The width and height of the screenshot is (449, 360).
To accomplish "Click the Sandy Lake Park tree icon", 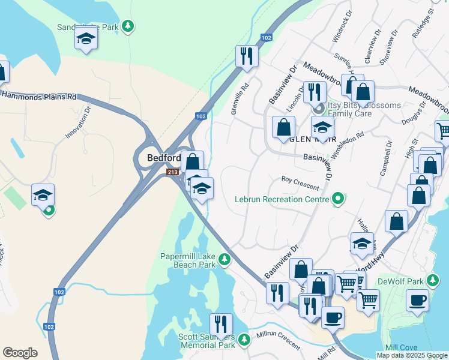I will point(127,26).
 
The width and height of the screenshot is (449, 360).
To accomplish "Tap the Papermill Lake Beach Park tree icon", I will point(224,260).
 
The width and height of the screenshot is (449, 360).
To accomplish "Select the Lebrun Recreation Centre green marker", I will point(338,199).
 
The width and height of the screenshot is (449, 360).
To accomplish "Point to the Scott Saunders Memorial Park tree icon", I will point(243,340).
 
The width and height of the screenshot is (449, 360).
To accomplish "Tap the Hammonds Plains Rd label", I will point(40,95).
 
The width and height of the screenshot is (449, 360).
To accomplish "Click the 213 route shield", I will point(173,173).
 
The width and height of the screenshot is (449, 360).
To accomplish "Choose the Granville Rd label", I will point(244,98).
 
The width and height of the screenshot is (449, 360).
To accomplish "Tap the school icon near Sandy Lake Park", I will point(86,40).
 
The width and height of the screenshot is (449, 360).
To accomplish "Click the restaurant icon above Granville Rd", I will point(246,56).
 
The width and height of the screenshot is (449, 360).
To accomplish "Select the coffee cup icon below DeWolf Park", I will point(417,300).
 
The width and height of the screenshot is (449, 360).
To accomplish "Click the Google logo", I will point(20,353).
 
